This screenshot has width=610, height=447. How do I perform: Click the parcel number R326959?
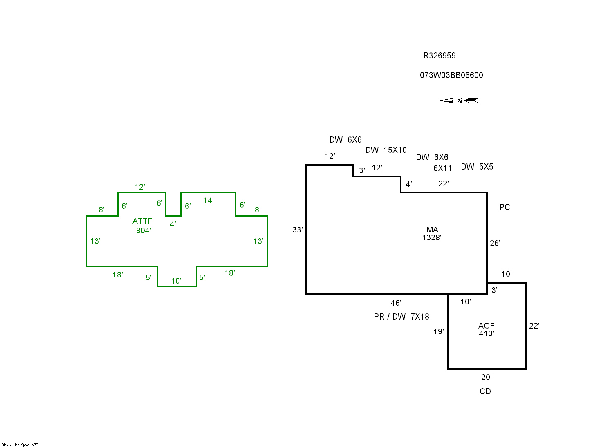pos(439,56)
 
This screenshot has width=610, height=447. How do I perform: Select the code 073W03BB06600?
pos(451,75)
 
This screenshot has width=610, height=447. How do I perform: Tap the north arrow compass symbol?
pos(459,101)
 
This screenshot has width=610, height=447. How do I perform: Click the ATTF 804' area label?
pos(143,226)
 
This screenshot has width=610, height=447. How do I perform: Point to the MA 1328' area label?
pos(432,234)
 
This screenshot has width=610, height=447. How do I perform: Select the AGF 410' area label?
pos(487,329)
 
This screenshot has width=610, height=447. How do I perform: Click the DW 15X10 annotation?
pos(386,150)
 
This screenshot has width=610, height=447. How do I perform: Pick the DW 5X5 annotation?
pos(477,167)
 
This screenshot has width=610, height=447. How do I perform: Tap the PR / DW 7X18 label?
pos(401,317)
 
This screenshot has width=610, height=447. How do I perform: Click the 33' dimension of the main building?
pos(297,230)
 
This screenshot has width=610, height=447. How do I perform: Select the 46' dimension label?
pos(396,303)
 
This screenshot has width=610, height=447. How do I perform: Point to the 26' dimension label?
pos(495,243)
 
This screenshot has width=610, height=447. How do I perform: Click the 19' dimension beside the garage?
pos(439,331)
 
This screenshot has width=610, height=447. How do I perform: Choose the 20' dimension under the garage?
pos(486,377)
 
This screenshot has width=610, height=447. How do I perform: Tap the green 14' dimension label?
pos(209,200)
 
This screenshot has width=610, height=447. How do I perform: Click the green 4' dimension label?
pos(173,224)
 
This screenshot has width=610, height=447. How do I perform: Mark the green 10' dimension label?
pos(176,281)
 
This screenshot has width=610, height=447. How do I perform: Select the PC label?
pos(505,207)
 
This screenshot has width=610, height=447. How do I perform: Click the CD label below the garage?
pos(485,391)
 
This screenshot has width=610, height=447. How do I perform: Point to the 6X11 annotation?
pos(442,168)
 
